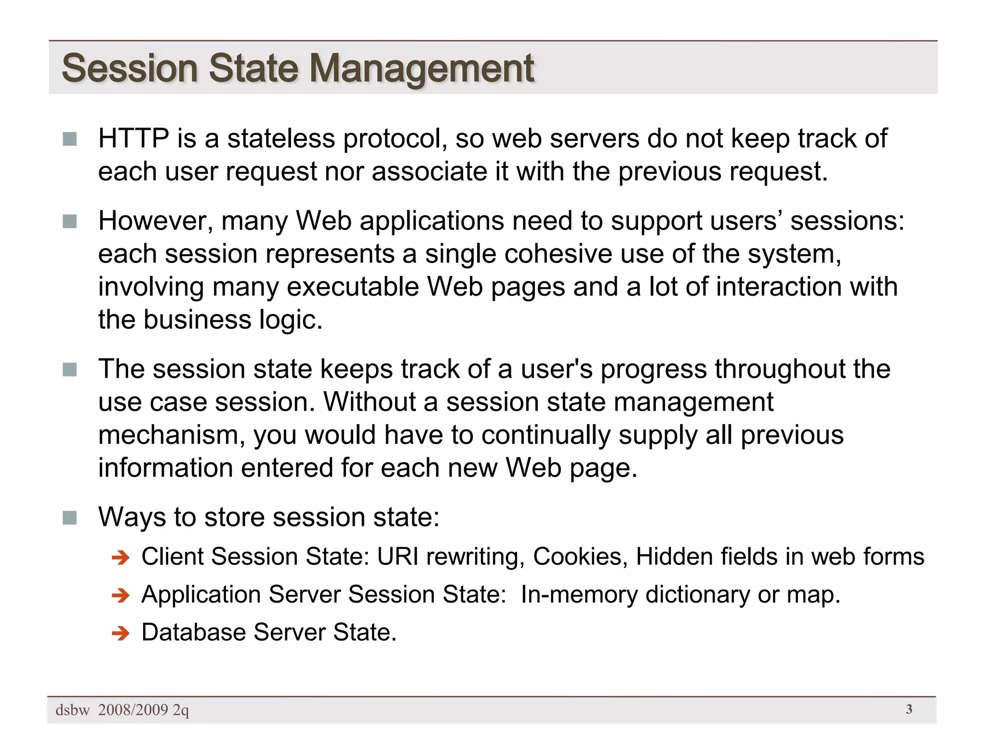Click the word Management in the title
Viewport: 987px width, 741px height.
(421, 69)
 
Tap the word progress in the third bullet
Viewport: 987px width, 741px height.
(653, 370)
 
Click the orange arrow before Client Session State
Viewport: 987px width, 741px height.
(120, 558)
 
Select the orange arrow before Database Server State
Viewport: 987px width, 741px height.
(120, 633)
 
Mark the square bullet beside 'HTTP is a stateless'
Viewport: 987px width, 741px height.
(70, 139)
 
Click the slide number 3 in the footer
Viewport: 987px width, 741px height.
(909, 709)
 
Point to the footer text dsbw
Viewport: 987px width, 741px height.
(72, 710)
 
